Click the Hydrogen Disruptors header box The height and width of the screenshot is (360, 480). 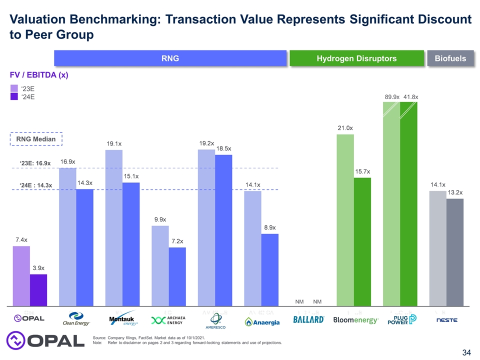tap(356, 58)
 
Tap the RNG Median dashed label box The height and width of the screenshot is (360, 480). tap(36, 138)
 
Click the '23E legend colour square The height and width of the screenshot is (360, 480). tap(14, 88)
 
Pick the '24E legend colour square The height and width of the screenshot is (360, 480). tap(14, 97)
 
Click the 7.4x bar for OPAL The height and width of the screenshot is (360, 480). tap(21, 275)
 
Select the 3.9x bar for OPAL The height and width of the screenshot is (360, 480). tap(38, 289)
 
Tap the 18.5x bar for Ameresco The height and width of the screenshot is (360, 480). tap(223, 230)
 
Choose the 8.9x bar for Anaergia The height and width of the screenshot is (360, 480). tap(270, 269)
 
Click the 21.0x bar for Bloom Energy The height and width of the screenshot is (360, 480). tap(345, 220)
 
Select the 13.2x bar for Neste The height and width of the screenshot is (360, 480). tap(455, 252)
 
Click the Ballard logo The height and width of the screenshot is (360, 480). tap(308, 319)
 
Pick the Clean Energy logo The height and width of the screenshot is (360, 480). tap(76, 319)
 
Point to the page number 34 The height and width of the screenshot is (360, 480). tap(467, 353)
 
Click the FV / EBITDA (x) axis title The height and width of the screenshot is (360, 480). tap(39, 75)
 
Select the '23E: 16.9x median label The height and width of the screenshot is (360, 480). tap(35, 163)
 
